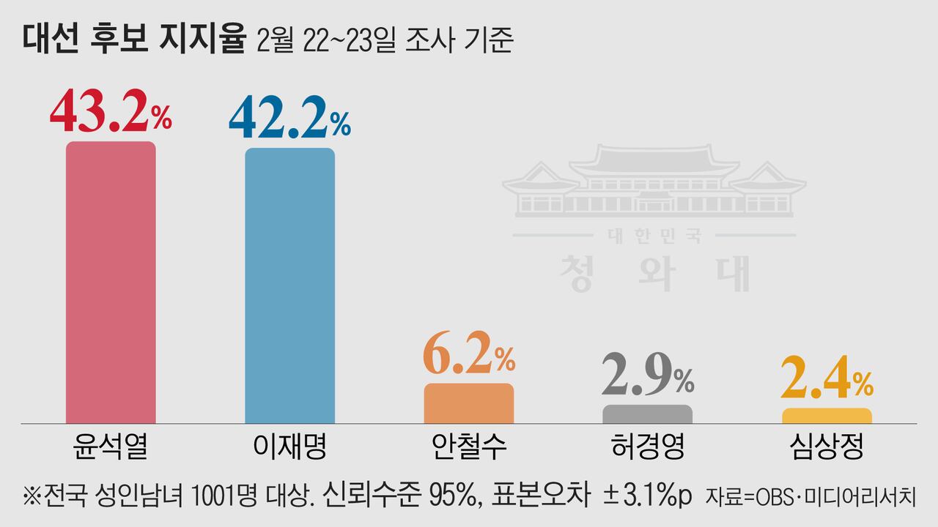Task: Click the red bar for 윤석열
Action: [111, 282]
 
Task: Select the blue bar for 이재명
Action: [289, 285]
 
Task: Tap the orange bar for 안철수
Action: [469, 403]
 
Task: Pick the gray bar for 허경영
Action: [647, 414]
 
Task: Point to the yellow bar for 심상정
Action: [827, 416]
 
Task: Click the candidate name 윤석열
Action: [111, 446]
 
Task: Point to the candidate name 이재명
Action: [289, 446]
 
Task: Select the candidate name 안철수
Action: [469, 446]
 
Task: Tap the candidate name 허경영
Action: [647, 446]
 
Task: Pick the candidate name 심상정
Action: [827, 446]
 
